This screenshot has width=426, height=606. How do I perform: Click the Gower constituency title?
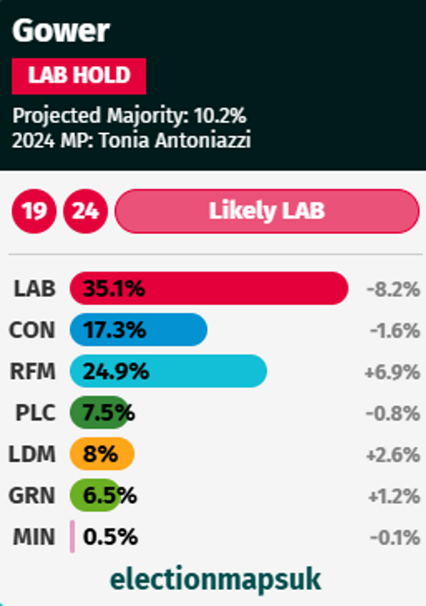(61, 31)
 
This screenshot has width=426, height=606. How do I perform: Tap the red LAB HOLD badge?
(79, 76)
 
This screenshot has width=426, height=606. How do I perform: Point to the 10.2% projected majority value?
(220, 116)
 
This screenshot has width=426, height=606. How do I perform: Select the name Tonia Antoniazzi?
(175, 141)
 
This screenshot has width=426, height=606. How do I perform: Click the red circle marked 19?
(34, 211)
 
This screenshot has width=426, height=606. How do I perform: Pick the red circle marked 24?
(85, 211)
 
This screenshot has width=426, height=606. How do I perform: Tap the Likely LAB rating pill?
(267, 211)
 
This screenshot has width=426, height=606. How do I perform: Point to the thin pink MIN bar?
(72, 537)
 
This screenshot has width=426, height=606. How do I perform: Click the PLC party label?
(35, 413)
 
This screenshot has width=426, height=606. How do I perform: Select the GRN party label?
(32, 496)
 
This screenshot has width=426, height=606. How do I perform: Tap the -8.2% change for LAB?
(393, 289)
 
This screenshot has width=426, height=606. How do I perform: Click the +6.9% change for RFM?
(393, 372)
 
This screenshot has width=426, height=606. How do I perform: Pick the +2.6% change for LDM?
(393, 455)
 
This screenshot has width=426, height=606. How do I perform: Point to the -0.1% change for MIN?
(395, 537)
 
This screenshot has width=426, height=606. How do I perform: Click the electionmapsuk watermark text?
(215, 579)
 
